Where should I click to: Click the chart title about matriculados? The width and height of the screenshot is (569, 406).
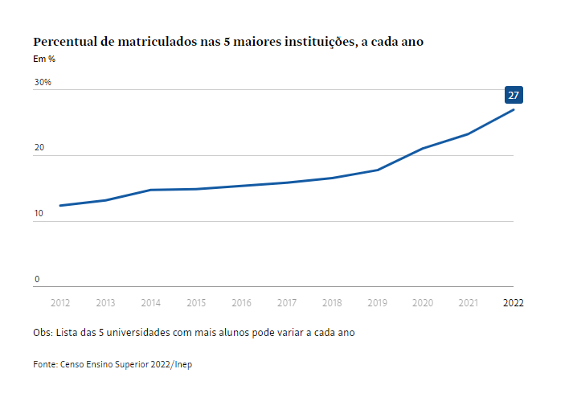[227, 42]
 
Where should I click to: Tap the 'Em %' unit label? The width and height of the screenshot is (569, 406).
[43, 59]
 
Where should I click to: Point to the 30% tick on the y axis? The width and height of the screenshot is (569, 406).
[43, 82]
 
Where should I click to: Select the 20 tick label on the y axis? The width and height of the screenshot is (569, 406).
[39, 149]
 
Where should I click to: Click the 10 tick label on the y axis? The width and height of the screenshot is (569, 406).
[39, 214]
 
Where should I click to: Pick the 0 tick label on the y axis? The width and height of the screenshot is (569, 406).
[36, 280]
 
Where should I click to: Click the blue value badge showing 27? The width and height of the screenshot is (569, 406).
[514, 95]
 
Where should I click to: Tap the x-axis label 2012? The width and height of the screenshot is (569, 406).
[60, 303]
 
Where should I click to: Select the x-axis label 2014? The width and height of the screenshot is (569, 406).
[150, 303]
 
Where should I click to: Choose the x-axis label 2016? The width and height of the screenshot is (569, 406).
[241, 303]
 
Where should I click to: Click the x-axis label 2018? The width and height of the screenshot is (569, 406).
[332, 303]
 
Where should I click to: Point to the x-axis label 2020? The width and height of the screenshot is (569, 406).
[423, 303]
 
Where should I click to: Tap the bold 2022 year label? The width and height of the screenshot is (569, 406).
[513, 303]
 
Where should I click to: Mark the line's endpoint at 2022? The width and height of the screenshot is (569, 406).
[513, 109]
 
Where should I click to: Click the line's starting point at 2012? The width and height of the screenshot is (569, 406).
[60, 206]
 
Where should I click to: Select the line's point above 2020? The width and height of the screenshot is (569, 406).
[423, 149]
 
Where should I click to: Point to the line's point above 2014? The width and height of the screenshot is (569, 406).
[150, 190]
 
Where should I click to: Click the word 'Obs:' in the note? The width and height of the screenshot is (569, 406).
[43, 332]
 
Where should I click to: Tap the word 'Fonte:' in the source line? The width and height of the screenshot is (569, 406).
[46, 364]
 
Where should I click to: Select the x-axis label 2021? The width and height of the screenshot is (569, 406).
[468, 303]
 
